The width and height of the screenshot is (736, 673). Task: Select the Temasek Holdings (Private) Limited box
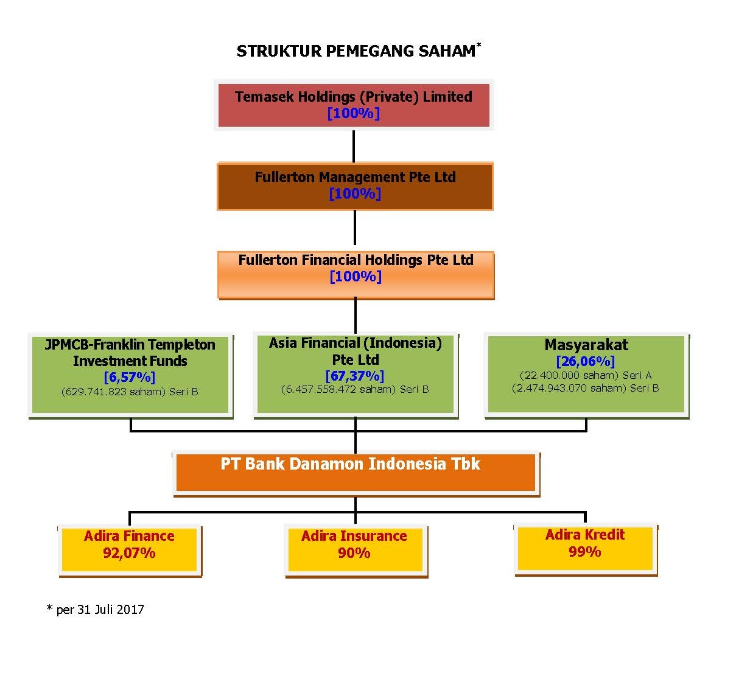(x=354, y=105)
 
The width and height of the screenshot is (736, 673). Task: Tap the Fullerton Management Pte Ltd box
(x=355, y=186)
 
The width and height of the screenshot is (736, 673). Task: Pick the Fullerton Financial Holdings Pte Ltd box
(x=356, y=275)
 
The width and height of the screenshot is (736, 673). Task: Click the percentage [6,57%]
(x=130, y=377)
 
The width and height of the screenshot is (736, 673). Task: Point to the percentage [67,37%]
(x=355, y=376)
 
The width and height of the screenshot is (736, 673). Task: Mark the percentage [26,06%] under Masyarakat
(x=586, y=361)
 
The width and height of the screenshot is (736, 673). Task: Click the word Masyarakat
(x=586, y=345)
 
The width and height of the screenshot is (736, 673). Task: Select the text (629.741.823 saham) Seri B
(x=130, y=392)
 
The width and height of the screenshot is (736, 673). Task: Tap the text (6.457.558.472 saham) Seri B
(x=355, y=389)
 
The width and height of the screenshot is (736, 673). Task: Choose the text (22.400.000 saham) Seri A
(x=586, y=375)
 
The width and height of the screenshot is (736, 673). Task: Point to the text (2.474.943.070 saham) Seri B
(x=586, y=388)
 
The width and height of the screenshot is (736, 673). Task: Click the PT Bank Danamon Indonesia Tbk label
(x=351, y=463)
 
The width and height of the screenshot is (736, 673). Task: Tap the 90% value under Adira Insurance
(x=354, y=553)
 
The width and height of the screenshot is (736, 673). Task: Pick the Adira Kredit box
(x=586, y=549)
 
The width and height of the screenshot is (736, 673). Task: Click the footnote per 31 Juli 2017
(x=96, y=610)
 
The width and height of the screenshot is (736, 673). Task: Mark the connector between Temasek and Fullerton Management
(x=354, y=147)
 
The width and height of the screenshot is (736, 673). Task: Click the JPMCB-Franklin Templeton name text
(x=130, y=353)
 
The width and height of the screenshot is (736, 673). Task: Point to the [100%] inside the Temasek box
(x=354, y=113)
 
